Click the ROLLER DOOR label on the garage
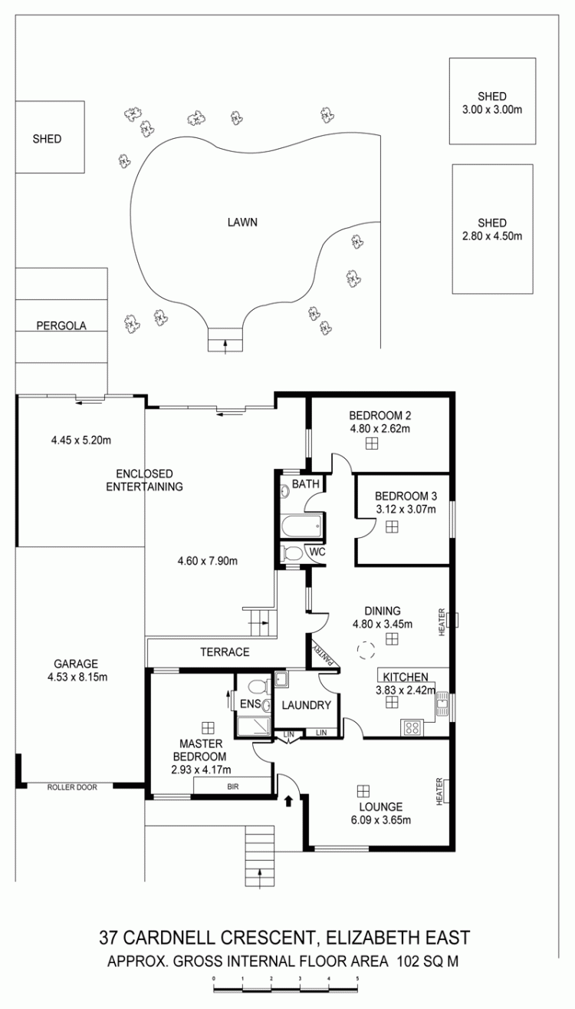[x=72, y=787]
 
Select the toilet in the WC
[x=292, y=552]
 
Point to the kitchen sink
[x=442, y=704]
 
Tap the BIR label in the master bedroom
[x=232, y=787]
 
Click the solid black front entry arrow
[x=288, y=800]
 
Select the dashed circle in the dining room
[x=366, y=650]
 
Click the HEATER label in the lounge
[x=439, y=791]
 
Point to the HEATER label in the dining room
[x=442, y=622]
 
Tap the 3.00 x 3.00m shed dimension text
[x=492, y=110]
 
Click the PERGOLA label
[x=61, y=325]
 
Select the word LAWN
[x=242, y=222]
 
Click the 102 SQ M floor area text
[x=428, y=961]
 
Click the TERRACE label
[x=225, y=651]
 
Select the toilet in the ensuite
[x=258, y=688]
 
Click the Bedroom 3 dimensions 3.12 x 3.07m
[x=406, y=509]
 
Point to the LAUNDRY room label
[x=307, y=705]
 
